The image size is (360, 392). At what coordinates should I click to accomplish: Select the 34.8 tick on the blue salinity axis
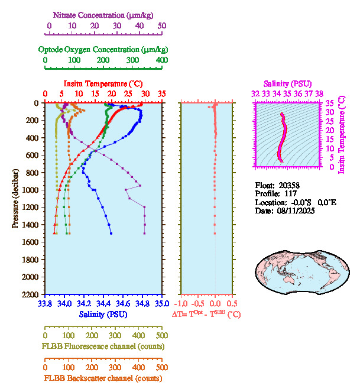[x=142, y=304]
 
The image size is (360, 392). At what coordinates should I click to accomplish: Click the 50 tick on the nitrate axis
[x=162, y=26]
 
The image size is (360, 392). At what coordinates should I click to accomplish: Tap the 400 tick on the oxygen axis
[x=161, y=60]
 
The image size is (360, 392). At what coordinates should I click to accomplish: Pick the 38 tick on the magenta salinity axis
[x=319, y=93]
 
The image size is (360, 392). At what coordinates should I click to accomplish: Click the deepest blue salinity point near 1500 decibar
[x=111, y=234]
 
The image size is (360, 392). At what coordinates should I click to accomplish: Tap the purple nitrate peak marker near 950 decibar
[x=140, y=186]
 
